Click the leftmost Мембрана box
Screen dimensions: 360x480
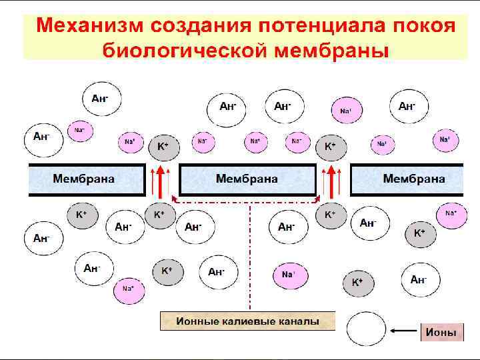(x=86, y=179)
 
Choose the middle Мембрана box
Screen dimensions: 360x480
(x=247, y=179)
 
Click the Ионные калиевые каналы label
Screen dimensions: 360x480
(x=247, y=321)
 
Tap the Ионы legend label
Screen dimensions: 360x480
(x=441, y=331)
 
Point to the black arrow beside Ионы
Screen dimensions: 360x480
(x=405, y=331)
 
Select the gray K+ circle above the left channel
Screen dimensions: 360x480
(x=162, y=145)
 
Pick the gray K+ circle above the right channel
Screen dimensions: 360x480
(x=330, y=146)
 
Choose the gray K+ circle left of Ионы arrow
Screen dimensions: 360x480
(x=358, y=282)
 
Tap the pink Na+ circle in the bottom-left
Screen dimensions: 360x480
(x=127, y=288)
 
